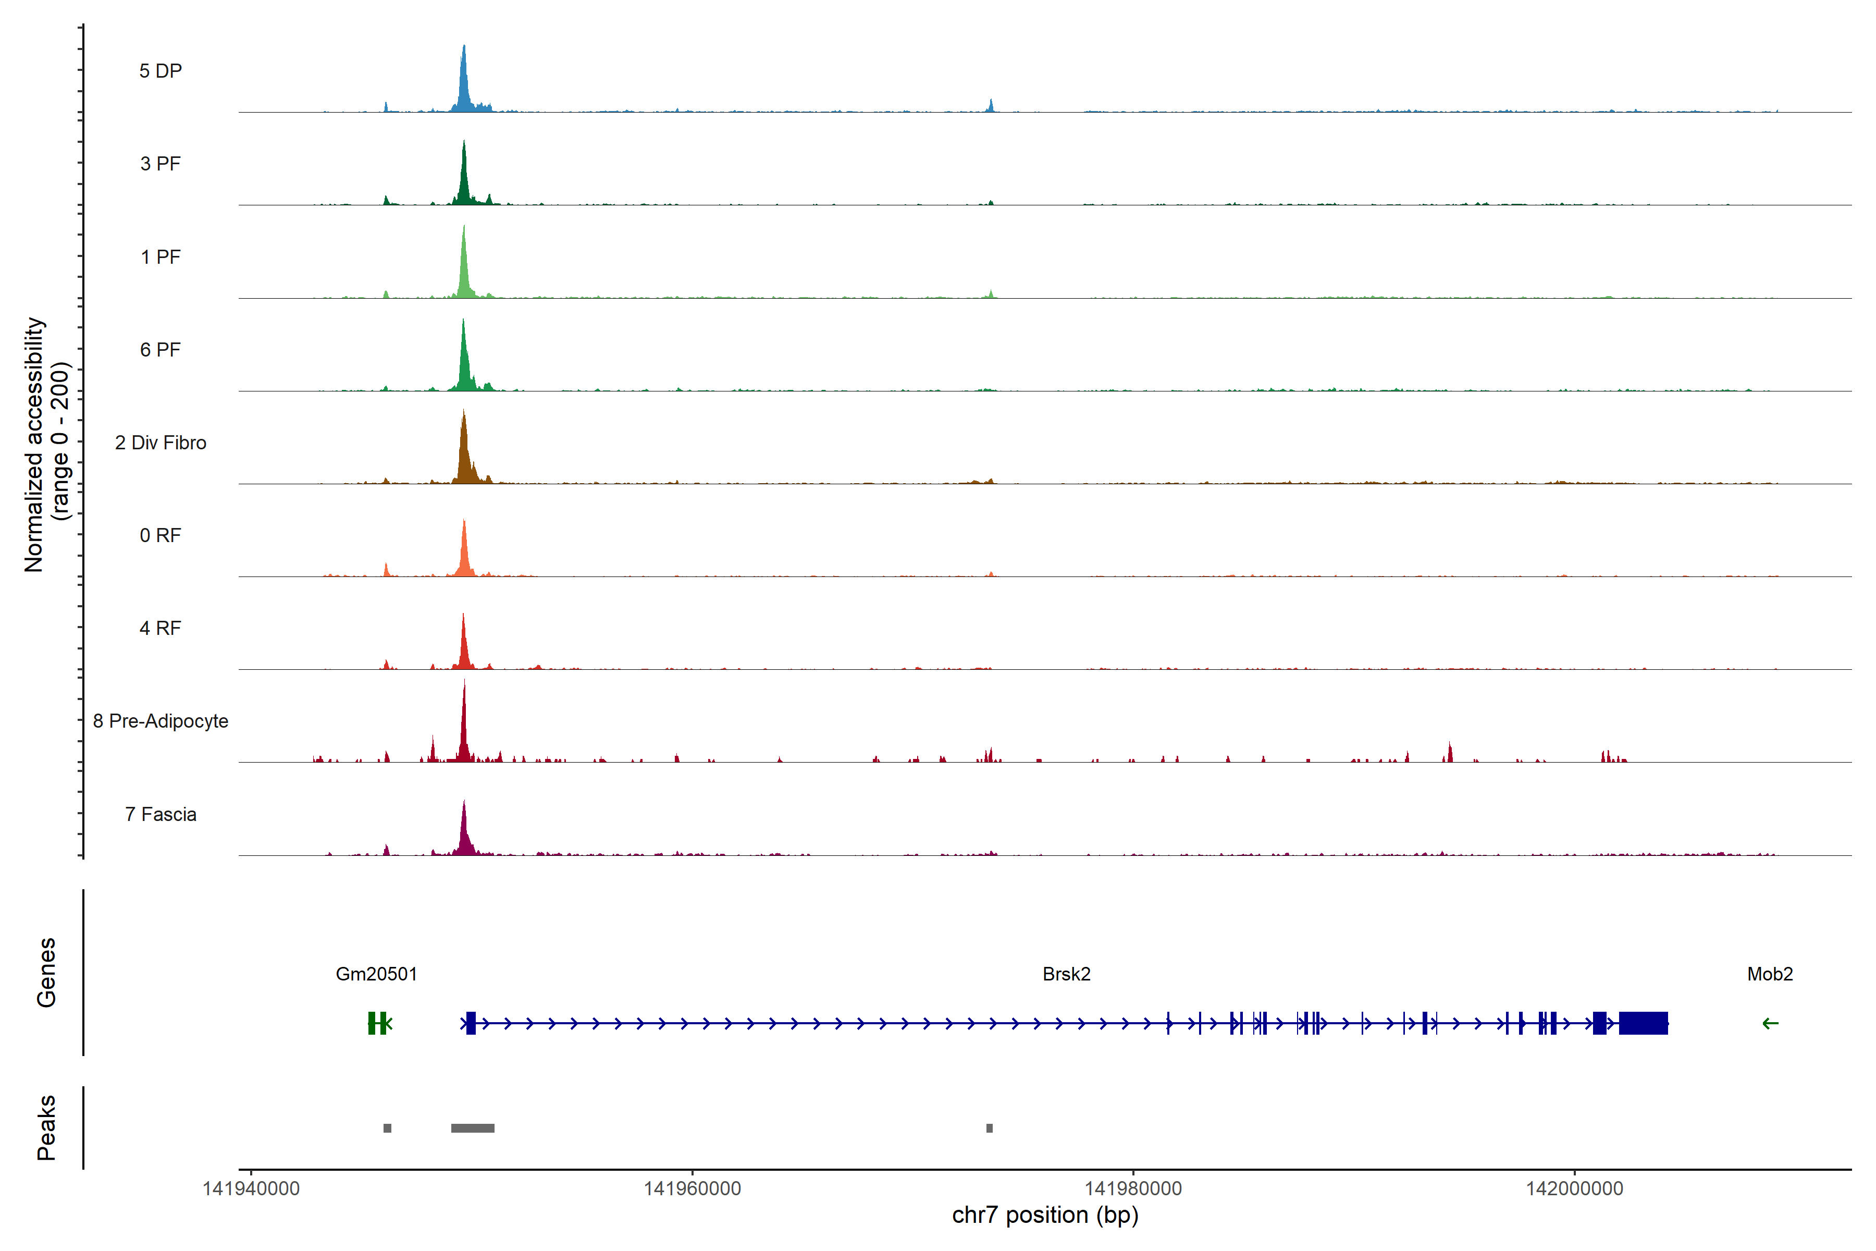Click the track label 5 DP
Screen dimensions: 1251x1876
tap(161, 71)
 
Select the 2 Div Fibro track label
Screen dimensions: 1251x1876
tap(161, 443)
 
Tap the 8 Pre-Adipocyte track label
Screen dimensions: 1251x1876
tap(161, 721)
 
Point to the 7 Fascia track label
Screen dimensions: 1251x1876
tap(161, 815)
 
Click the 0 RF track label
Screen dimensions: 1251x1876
tap(161, 535)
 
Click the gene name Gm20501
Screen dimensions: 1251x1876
tap(376, 974)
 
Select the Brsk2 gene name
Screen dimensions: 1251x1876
tap(1066, 974)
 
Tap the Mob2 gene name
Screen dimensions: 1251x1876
tap(1770, 974)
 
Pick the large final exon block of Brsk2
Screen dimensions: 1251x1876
tap(1643, 1023)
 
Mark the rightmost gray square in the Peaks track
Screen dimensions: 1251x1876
tap(989, 1128)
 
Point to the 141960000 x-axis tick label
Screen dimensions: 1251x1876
tap(693, 1189)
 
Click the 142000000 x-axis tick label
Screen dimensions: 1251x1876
tap(1574, 1189)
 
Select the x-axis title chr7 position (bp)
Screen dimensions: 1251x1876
tap(1045, 1215)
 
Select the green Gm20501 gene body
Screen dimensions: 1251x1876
tap(378, 1023)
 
